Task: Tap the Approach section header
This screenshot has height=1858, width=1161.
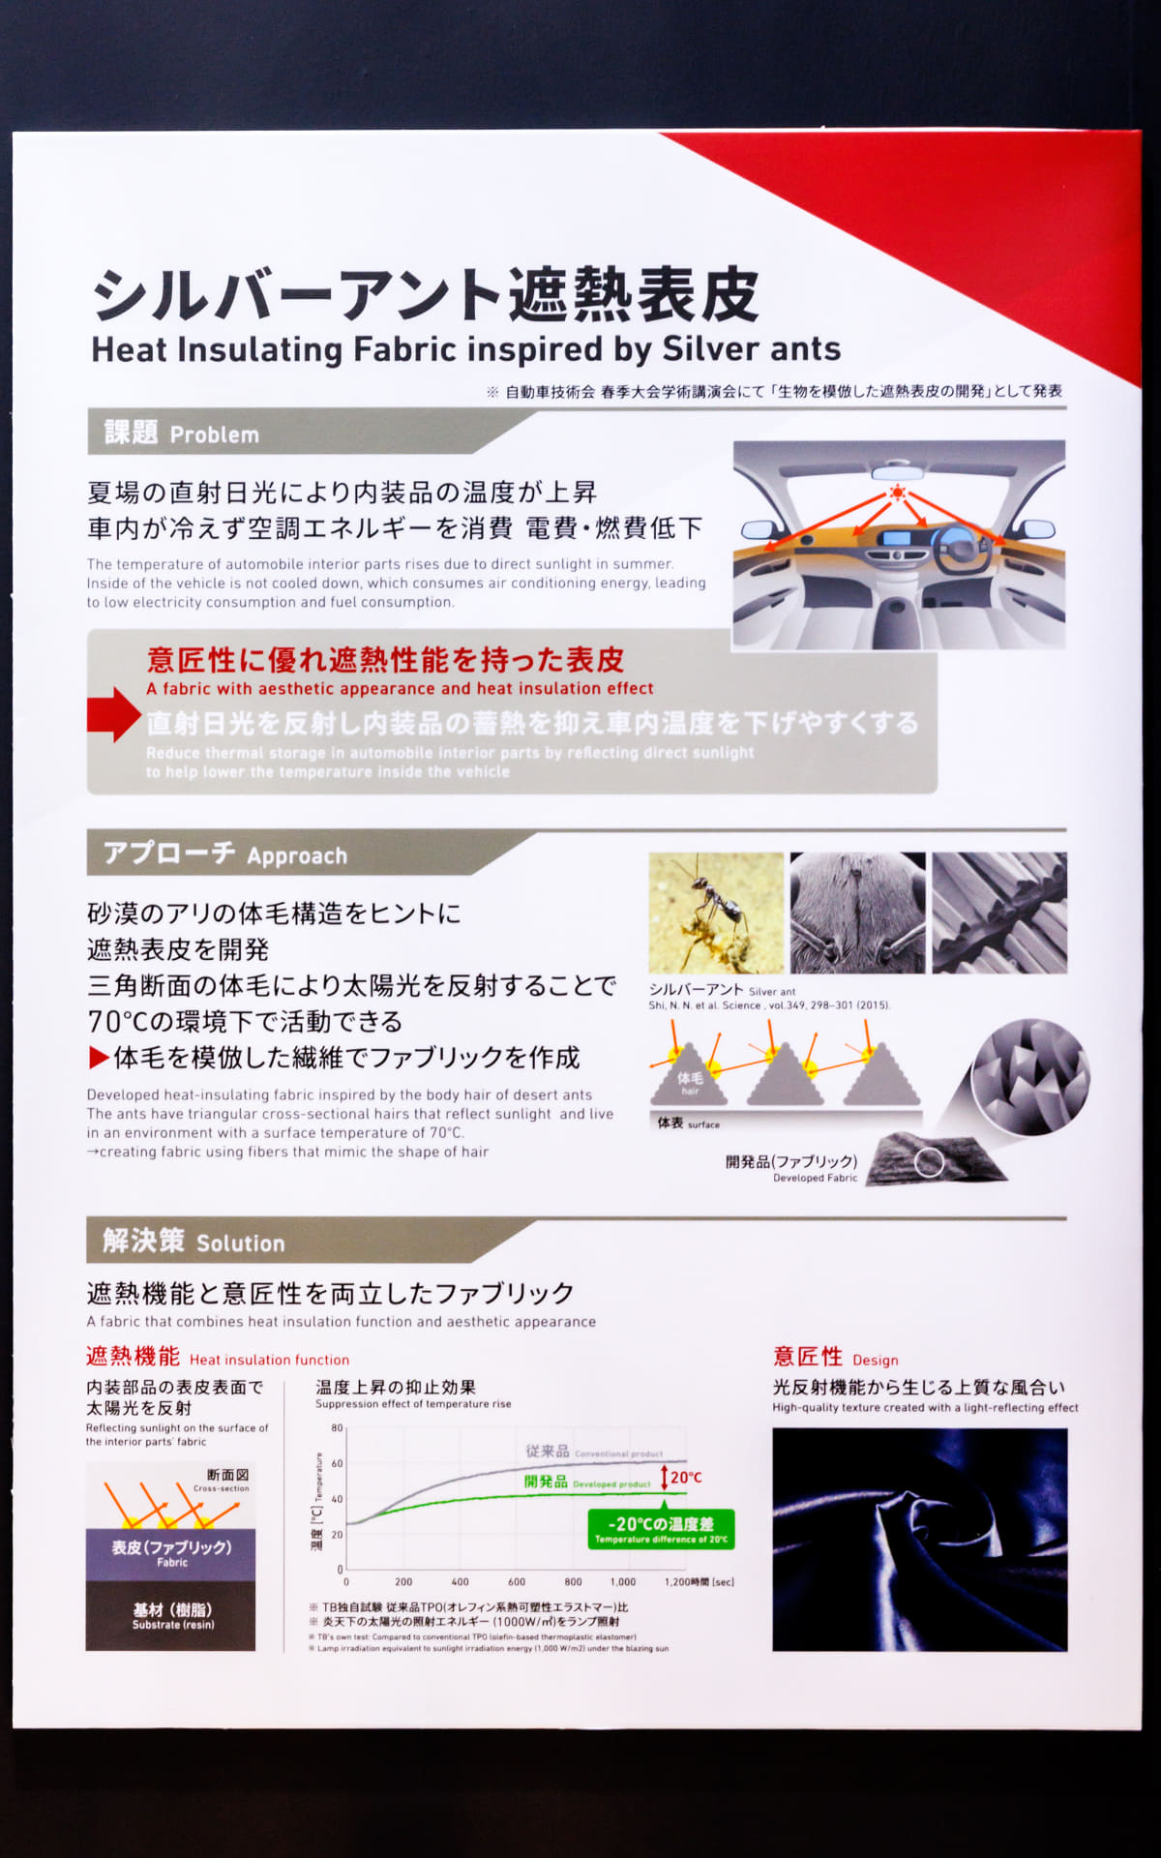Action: point(224,854)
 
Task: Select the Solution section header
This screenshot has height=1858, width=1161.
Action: point(193,1242)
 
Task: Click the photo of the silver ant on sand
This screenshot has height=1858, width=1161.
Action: point(716,913)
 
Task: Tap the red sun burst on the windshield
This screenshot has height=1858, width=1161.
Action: point(898,493)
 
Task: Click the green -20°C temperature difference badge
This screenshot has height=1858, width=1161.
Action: point(661,1529)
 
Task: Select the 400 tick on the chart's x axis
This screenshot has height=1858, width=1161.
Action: point(461,1582)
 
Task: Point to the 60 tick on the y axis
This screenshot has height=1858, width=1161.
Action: point(337,1463)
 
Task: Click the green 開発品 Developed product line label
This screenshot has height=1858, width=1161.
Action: point(586,1483)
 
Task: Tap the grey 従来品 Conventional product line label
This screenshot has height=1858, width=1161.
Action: point(593,1452)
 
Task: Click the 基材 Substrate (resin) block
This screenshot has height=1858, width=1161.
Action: point(171,1615)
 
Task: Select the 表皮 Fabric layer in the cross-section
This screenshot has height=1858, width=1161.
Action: point(171,1553)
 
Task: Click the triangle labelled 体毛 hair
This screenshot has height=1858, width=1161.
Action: point(689,1079)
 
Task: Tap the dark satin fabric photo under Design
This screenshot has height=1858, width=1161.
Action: point(919,1539)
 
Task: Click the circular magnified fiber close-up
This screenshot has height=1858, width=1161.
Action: point(1030,1077)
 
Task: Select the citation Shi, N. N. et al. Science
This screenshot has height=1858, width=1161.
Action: point(768,1005)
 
